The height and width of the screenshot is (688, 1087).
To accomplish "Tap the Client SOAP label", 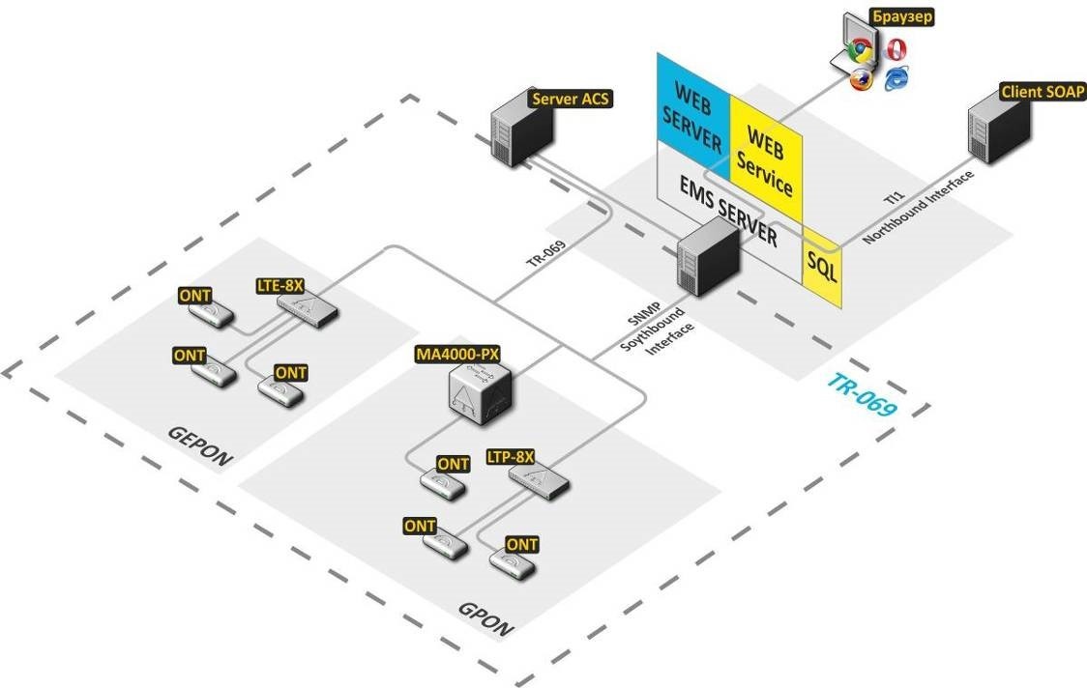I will pyautogui.click(x=1043, y=92).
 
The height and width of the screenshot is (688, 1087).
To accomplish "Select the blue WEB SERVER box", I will pyautogui.click(x=690, y=117).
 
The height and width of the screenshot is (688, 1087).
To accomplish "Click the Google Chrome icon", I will pyautogui.click(x=858, y=49).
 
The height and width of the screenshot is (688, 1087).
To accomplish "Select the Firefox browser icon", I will pyautogui.click(x=861, y=79).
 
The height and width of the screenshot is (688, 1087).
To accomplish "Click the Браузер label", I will pyautogui.click(x=903, y=17).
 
